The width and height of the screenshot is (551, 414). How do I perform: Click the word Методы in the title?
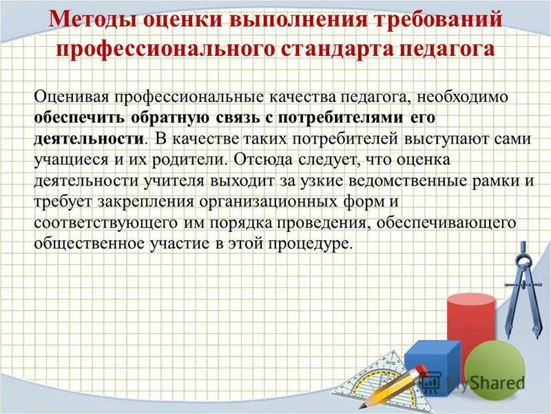click(x=89, y=19)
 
